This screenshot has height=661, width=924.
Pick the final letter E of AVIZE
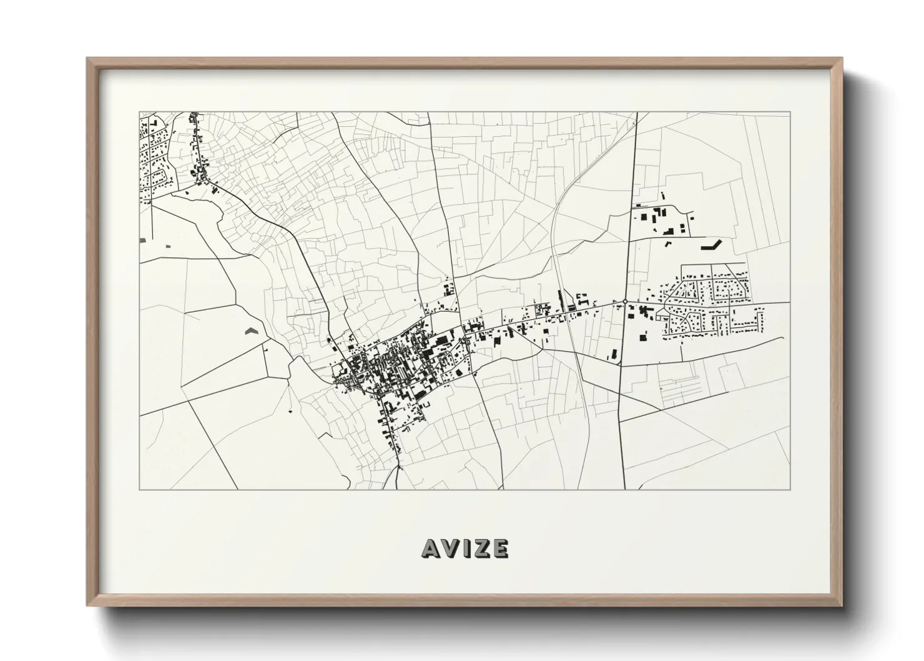499,548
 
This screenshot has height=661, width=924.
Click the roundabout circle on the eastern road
625,302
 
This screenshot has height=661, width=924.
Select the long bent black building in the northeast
711,244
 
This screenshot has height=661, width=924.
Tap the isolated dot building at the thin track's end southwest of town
290,410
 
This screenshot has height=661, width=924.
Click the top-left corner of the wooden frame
87,58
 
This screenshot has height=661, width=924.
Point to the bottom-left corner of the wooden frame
87,605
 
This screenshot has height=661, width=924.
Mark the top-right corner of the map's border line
790,112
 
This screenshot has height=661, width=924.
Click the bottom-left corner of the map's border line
139,489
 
